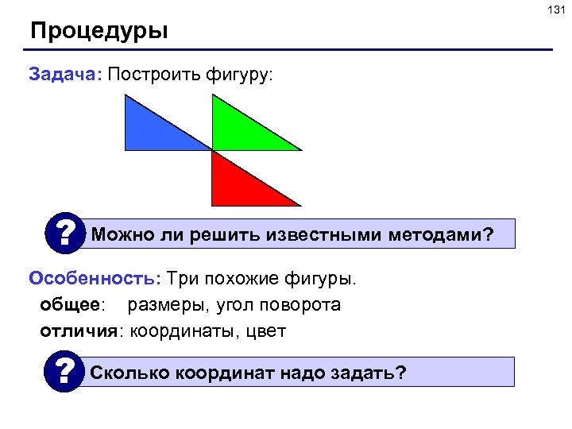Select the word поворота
[303, 305]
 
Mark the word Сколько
[129, 373]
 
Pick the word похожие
[242, 279]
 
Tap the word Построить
[154, 75]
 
